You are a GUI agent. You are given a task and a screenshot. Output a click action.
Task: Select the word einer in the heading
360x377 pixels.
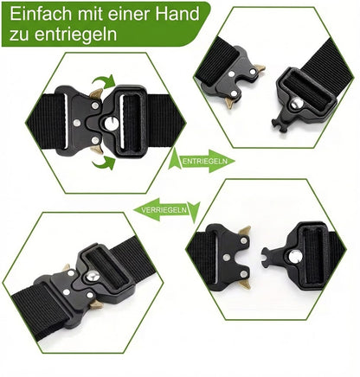131,14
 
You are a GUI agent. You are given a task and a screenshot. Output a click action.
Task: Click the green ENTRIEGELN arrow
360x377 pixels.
203,160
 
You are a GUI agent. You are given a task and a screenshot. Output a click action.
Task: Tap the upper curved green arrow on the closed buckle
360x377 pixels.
103,84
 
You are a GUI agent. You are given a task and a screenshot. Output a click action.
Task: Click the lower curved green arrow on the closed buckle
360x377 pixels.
103,161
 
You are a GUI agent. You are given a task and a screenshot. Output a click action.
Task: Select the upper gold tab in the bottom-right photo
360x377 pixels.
245,231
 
